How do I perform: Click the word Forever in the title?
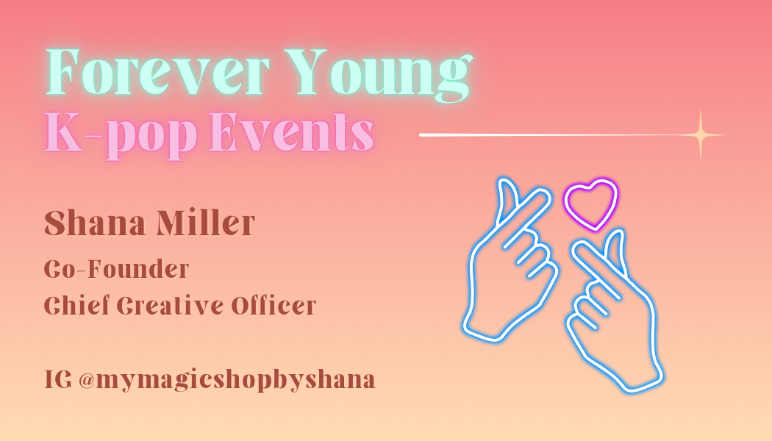(x=157, y=71)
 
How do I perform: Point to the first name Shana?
(x=96, y=223)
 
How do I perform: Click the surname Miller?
(x=206, y=223)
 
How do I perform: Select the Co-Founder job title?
(x=117, y=269)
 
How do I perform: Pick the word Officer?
(x=274, y=305)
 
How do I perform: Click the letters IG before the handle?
(x=58, y=379)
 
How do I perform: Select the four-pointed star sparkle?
(x=701, y=135)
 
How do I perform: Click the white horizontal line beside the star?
(x=549, y=135)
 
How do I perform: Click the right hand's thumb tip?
(x=618, y=234)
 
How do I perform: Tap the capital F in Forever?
(x=62, y=71)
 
